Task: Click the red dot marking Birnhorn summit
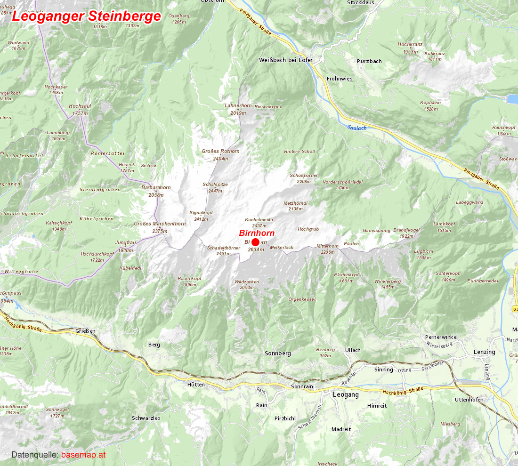click(x=256, y=242)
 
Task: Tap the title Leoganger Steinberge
click(x=87, y=16)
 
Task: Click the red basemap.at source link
click(x=83, y=455)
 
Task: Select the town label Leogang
click(x=346, y=394)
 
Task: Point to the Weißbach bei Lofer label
click(x=286, y=60)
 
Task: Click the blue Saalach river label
click(x=356, y=127)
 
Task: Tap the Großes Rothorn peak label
click(x=220, y=152)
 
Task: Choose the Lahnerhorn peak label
click(x=239, y=106)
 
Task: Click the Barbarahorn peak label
click(x=156, y=187)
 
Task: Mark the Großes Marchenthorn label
click(x=160, y=224)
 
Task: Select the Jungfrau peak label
click(x=125, y=243)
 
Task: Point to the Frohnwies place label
click(x=340, y=79)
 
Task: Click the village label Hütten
click(x=196, y=385)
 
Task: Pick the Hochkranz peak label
click(x=410, y=45)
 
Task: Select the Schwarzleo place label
click(x=146, y=418)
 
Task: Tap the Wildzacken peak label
click(x=247, y=281)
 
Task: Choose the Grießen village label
click(x=85, y=331)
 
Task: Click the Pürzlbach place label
click(x=369, y=61)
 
